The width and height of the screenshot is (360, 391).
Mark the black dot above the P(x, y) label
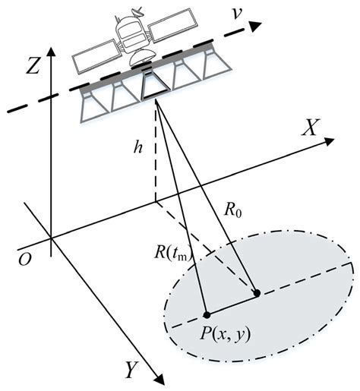click(x=207, y=314)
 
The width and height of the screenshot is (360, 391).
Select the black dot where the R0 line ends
click(x=257, y=293)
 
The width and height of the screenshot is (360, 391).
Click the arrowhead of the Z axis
click(x=51, y=50)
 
